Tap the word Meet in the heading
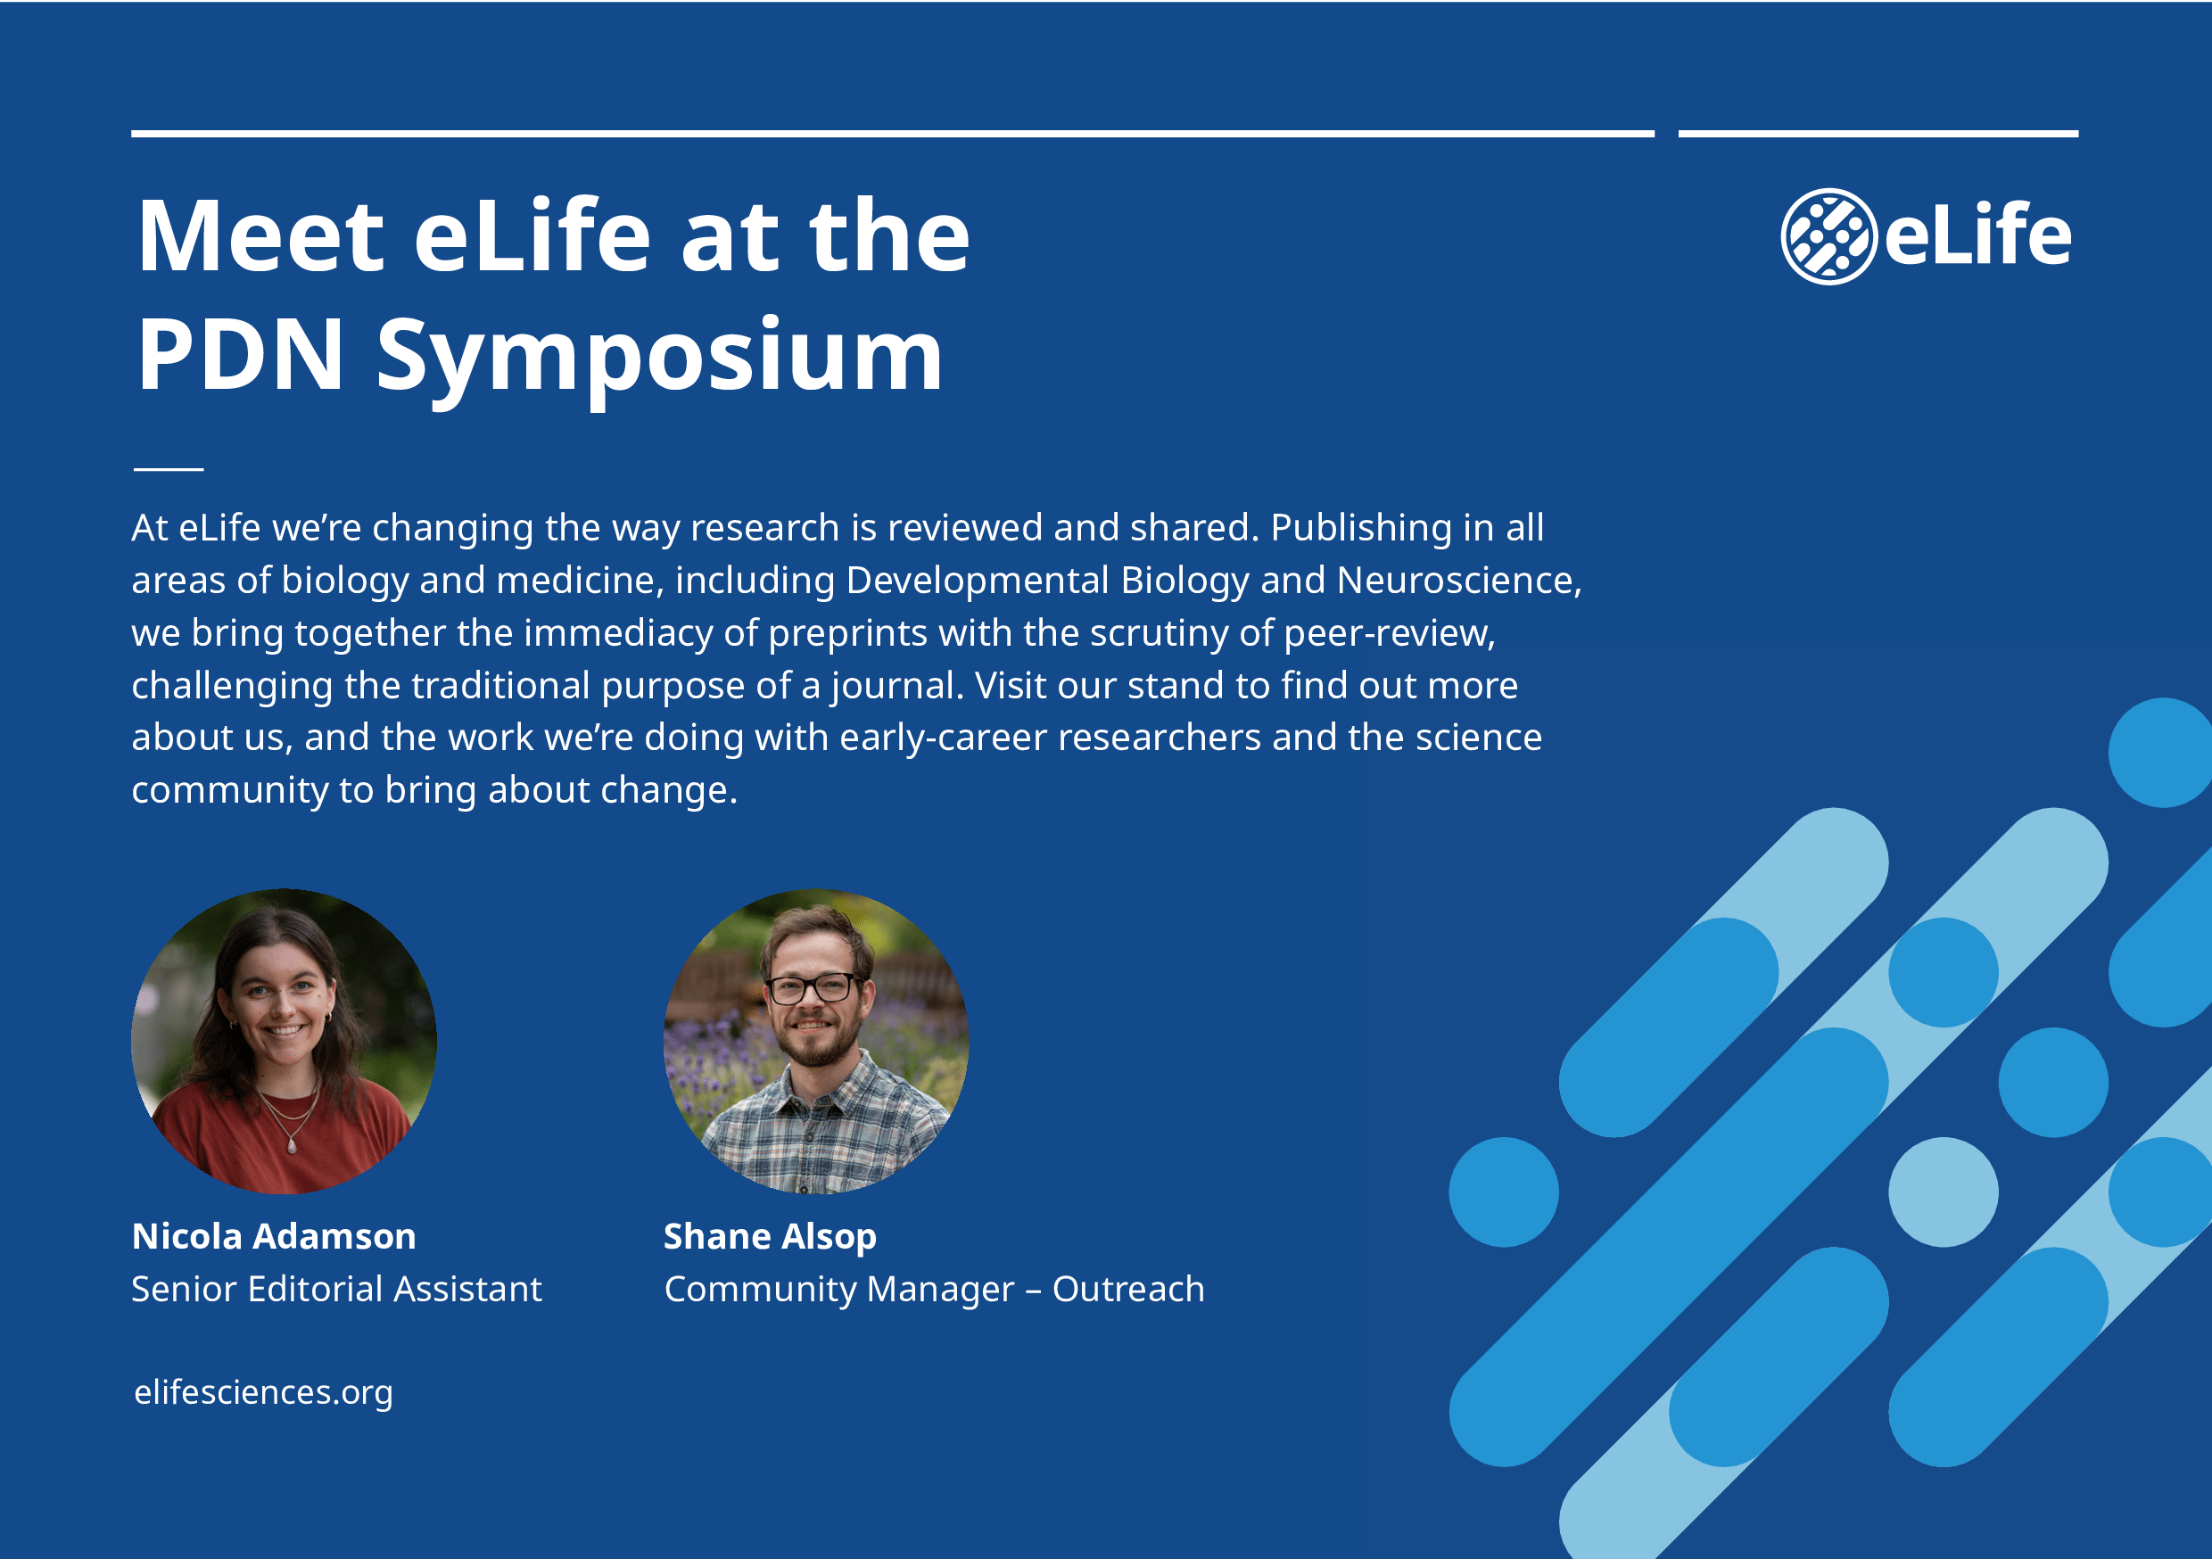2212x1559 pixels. click(x=261, y=236)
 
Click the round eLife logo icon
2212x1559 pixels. click(x=1828, y=236)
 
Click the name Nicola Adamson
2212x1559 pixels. click(x=274, y=1236)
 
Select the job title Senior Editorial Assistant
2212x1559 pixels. click(x=336, y=1290)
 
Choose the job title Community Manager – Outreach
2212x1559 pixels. click(x=934, y=1291)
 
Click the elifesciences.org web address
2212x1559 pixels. click(x=263, y=1392)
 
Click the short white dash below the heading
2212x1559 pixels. click(x=169, y=469)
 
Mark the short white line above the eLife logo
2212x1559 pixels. click(x=1878, y=134)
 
